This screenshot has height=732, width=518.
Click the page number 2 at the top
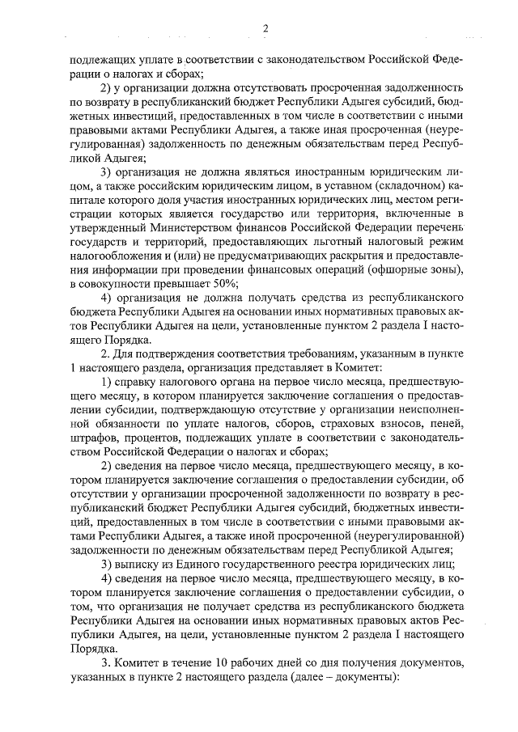tap(265, 31)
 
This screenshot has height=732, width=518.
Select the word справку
tap(138, 379)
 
